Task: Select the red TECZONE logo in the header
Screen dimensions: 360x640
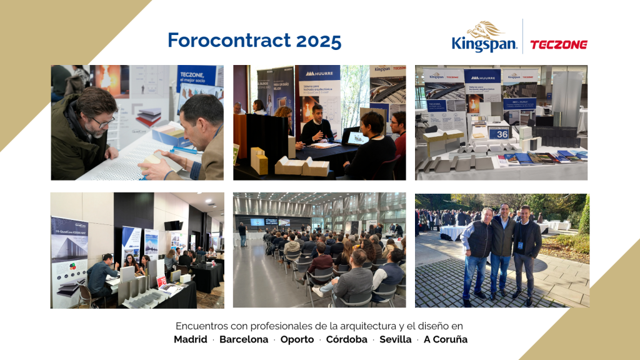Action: click(558, 44)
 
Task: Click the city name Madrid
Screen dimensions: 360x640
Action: click(191, 339)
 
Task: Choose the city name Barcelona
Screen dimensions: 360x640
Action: click(243, 339)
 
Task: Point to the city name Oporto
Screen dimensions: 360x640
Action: click(296, 339)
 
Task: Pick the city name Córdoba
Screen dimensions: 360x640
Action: click(346, 339)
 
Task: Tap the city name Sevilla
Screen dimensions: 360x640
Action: click(395, 339)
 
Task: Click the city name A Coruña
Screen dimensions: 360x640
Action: click(446, 339)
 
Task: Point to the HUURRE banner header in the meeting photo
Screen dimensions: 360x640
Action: click(317, 72)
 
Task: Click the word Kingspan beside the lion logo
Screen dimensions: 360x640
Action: click(484, 44)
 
